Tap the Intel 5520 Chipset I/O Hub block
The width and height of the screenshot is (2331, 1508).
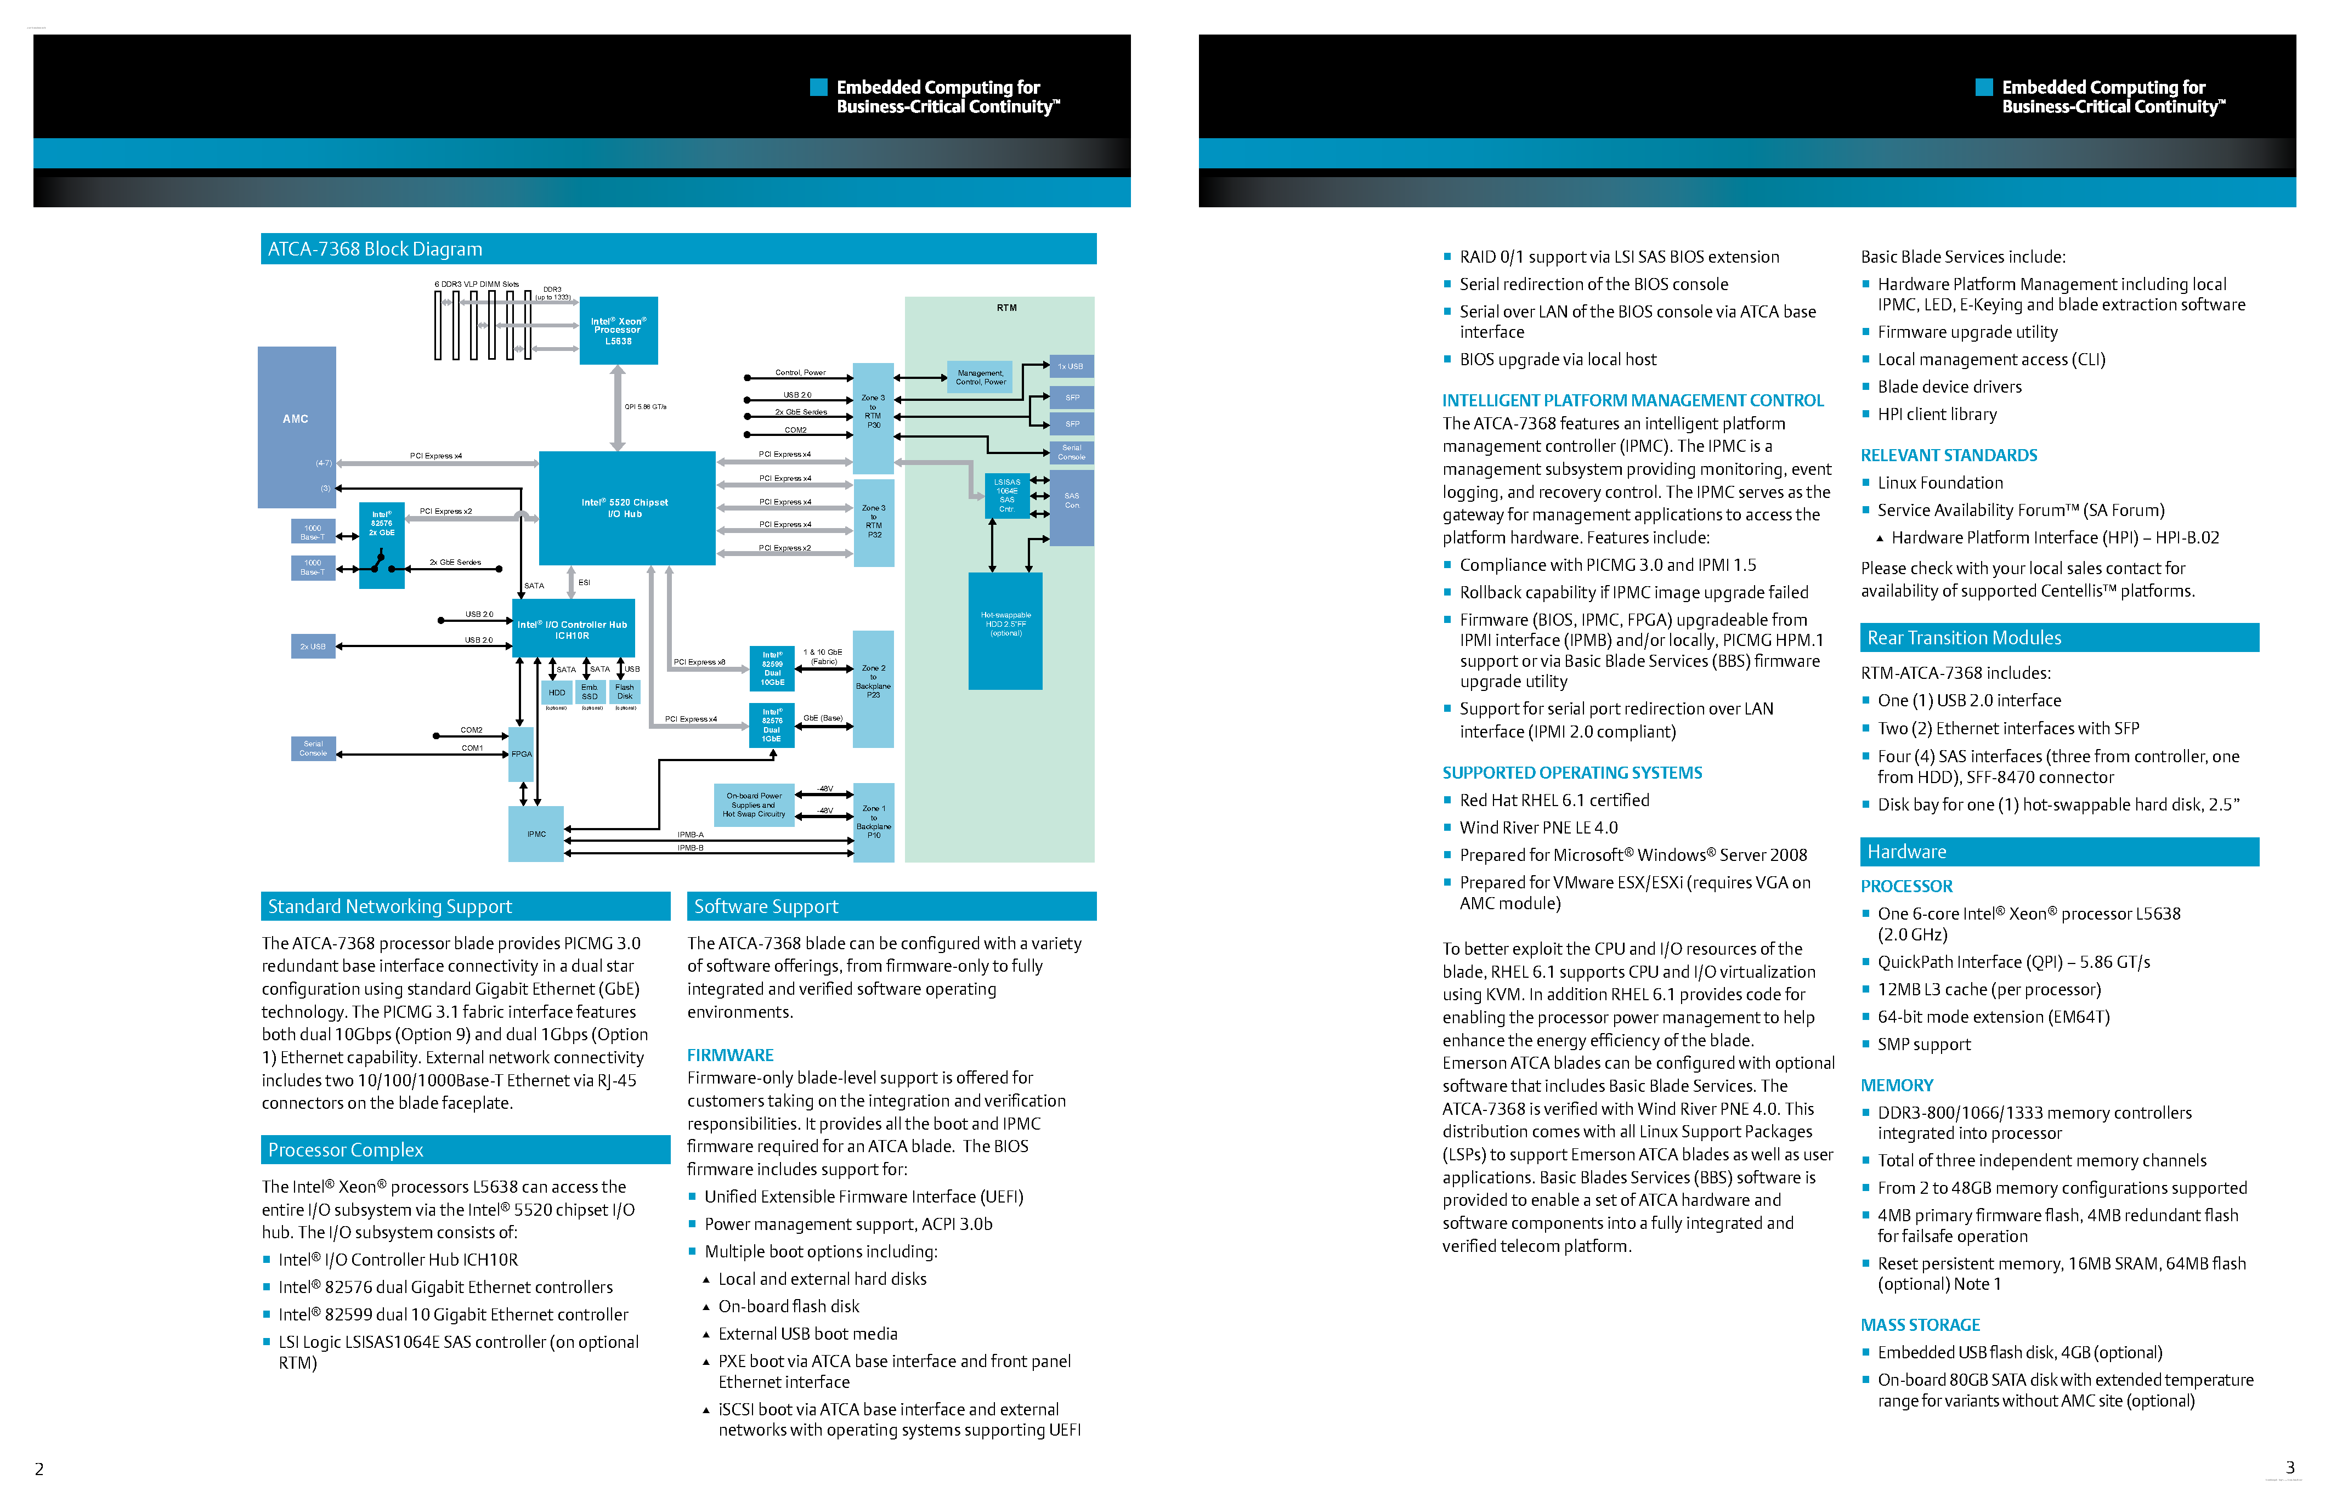626,507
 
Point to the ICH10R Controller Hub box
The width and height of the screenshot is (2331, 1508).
573,628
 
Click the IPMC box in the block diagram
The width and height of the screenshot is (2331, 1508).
536,834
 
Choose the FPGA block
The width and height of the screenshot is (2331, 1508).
521,754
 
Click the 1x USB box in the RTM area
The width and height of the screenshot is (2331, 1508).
1071,366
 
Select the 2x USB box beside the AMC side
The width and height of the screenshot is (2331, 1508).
313,647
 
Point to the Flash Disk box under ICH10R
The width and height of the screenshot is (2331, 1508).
625,692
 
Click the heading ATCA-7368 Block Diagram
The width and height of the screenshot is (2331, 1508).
375,249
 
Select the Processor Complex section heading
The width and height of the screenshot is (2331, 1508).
346,1149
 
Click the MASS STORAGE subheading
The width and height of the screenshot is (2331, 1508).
1920,1325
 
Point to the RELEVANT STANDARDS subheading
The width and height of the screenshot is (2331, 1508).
1948,455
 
